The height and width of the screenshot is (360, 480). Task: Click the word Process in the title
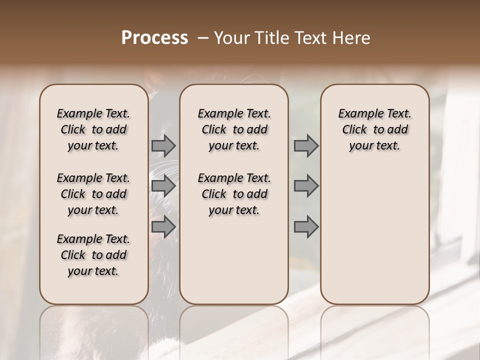point(154,38)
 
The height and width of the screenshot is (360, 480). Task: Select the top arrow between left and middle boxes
point(163,145)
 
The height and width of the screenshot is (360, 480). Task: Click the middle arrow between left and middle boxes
point(163,186)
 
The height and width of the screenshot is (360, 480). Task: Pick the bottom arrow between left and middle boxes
point(163,226)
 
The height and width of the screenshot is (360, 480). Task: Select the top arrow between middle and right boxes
point(306,145)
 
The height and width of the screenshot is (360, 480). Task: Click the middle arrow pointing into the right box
point(306,186)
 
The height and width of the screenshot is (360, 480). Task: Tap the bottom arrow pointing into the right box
point(306,226)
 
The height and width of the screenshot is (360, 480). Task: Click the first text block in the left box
point(93,129)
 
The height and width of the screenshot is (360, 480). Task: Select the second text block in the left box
point(93,194)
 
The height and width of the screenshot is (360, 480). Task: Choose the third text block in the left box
point(93,255)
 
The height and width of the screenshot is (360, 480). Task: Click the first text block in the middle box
point(234,129)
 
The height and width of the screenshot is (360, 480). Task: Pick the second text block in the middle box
point(234,194)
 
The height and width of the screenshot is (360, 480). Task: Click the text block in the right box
point(374,129)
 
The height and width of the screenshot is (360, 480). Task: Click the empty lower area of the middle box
point(234,260)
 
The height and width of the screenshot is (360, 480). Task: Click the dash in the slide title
point(203,38)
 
